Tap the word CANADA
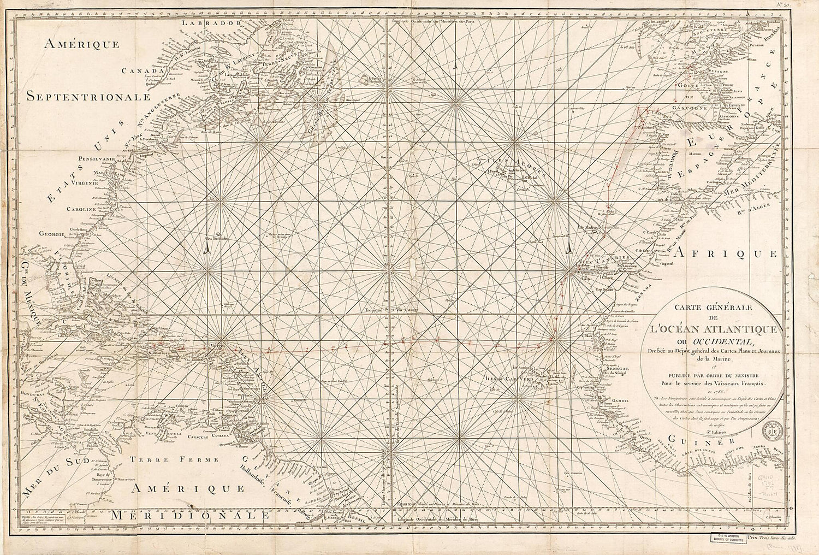click(x=143, y=70)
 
